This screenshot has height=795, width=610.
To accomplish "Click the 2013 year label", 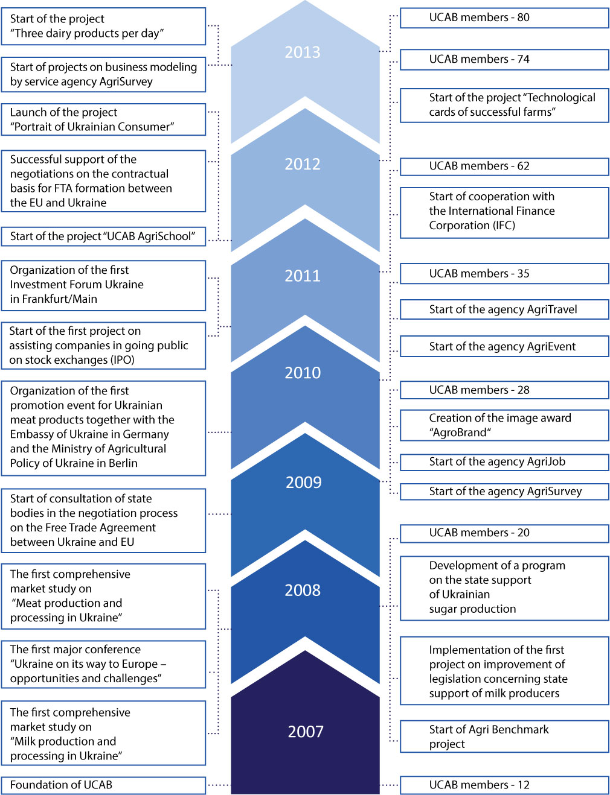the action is [x=303, y=52].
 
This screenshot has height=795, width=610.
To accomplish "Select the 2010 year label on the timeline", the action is [x=303, y=373].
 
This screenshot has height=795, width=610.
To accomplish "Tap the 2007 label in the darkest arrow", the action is [x=306, y=731].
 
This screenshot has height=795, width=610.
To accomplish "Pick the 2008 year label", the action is [x=303, y=590].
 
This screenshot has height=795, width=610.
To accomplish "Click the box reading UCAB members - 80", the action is [x=504, y=17].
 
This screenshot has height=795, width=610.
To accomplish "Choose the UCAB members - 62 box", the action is [x=504, y=166].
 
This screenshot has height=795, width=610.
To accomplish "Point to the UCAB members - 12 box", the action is [x=504, y=785].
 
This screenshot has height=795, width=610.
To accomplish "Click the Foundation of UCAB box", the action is [x=103, y=785].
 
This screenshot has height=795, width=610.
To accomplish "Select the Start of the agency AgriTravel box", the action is [x=504, y=309].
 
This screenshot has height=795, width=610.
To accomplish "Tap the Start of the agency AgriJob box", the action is [x=504, y=462].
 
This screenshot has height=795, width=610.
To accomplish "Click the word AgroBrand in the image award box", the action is [x=460, y=432].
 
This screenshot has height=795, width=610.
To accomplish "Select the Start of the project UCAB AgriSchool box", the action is [x=103, y=236].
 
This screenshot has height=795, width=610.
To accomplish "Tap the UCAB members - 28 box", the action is [x=504, y=390].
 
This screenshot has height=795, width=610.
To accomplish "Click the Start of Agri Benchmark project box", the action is [x=504, y=737].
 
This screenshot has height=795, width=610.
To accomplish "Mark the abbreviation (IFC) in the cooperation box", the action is [x=503, y=226].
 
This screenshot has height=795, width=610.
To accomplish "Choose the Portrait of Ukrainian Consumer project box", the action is [x=103, y=119].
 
